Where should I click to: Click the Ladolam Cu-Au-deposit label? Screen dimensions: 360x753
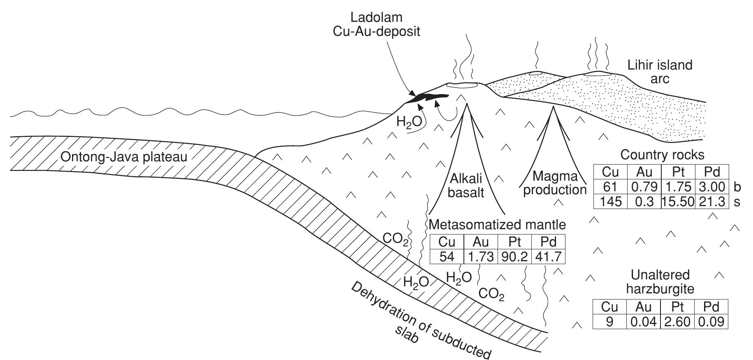(x=376, y=24)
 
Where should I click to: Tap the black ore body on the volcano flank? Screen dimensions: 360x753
(x=428, y=98)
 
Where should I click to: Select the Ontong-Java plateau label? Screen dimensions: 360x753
(x=123, y=157)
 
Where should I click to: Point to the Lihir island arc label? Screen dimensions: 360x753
(x=660, y=71)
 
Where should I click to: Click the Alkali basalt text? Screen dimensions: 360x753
(x=466, y=185)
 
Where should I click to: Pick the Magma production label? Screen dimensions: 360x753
(x=555, y=183)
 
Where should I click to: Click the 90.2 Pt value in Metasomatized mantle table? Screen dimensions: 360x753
(x=514, y=256)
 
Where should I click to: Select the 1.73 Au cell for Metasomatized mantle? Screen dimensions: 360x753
(x=480, y=256)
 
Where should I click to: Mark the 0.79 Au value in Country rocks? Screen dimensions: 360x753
(x=644, y=187)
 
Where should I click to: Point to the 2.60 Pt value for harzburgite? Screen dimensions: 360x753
(x=677, y=321)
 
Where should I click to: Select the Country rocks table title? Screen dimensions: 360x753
(x=662, y=155)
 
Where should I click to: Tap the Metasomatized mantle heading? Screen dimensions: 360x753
(x=497, y=224)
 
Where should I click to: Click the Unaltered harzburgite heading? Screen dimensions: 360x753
(x=660, y=281)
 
